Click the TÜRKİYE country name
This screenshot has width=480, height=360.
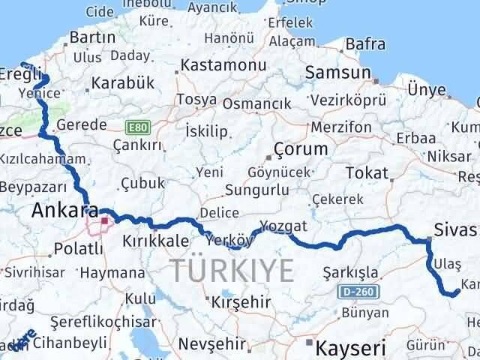(232, 270)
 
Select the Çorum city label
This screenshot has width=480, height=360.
(301, 148)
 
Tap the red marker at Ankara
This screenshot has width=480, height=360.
(103, 220)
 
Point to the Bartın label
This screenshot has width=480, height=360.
(88, 37)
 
